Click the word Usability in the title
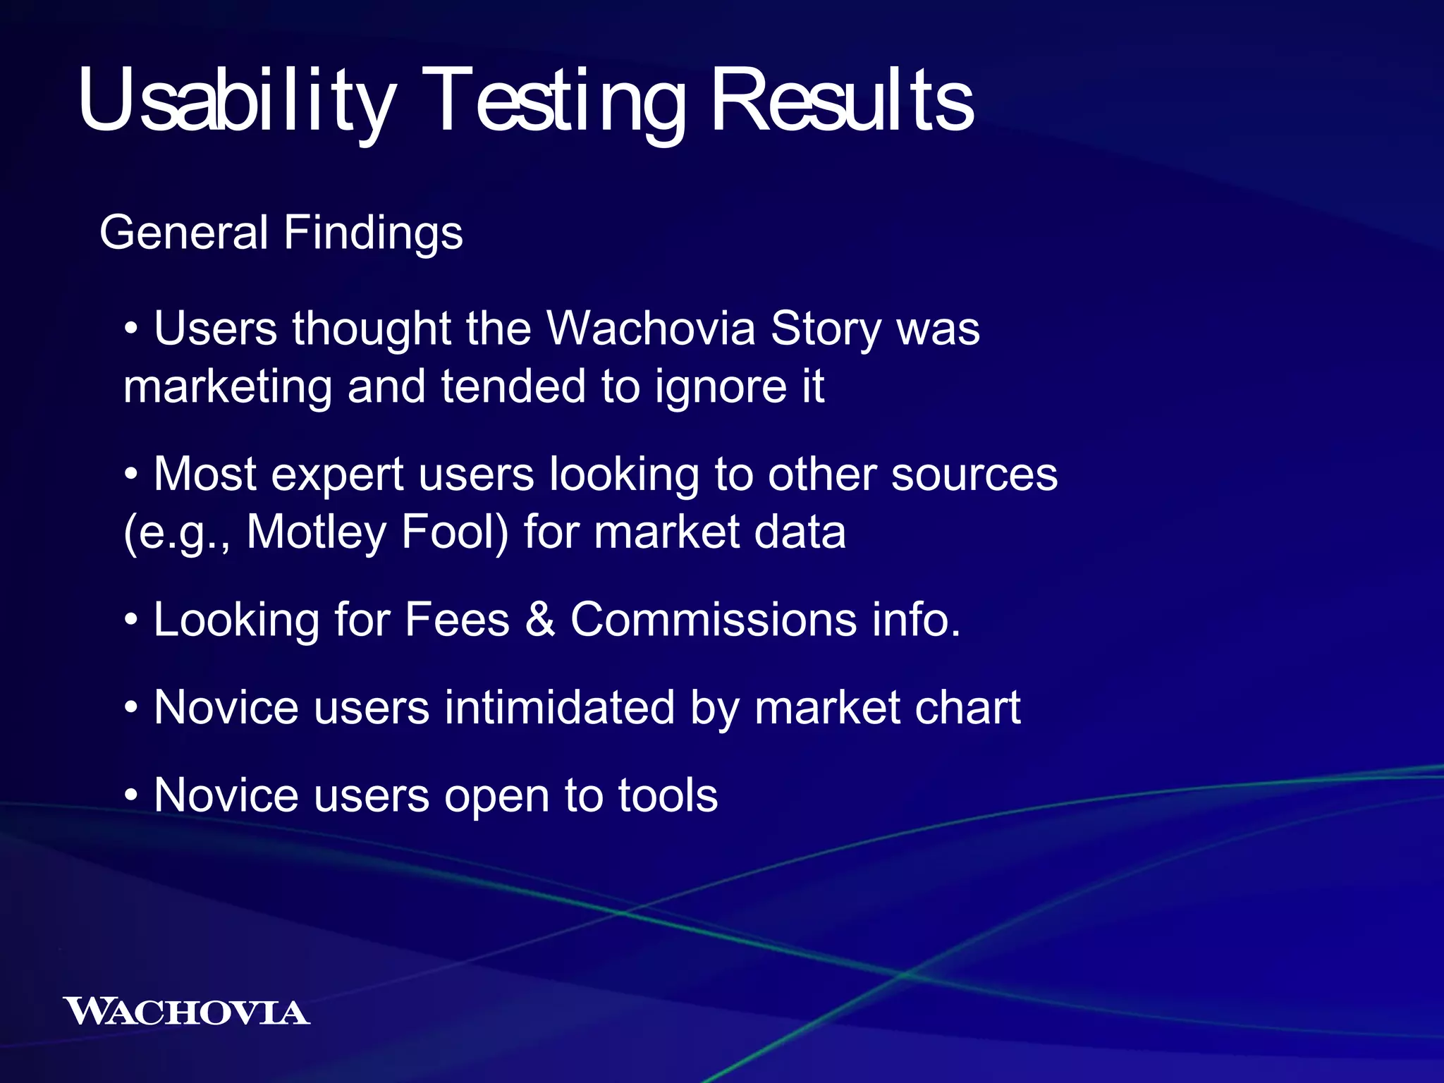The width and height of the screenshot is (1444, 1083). click(x=236, y=100)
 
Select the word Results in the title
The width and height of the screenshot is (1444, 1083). click(x=843, y=100)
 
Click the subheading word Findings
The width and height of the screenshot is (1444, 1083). click(x=373, y=233)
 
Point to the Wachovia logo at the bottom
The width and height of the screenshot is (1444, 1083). click(x=186, y=1012)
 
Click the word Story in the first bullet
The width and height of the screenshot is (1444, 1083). click(x=826, y=329)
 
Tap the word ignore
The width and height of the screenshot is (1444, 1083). click(x=720, y=387)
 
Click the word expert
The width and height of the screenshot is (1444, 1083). click(x=337, y=474)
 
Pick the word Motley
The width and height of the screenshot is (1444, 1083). click(x=317, y=532)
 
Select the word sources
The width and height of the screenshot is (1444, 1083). click(x=974, y=474)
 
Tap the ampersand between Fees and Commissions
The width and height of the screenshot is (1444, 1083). click(x=540, y=620)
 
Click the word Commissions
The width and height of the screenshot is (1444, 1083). click(x=714, y=620)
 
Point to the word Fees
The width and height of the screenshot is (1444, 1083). click(x=457, y=620)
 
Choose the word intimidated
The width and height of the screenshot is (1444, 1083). click(x=559, y=708)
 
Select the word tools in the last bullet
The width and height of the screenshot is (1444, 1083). click(x=668, y=796)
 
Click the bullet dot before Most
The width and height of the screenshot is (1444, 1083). click(x=131, y=475)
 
